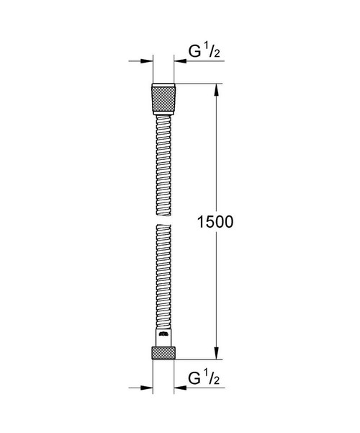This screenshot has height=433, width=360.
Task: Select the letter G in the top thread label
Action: coord(194,52)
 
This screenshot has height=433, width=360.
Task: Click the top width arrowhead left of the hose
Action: coord(148,62)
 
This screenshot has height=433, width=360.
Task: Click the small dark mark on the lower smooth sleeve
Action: coord(163,335)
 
